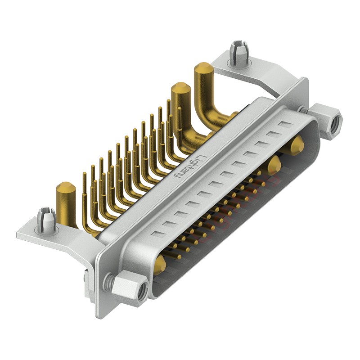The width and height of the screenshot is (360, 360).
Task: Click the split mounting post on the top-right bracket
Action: click(x=239, y=53)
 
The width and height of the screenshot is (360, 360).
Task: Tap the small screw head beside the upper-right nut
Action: click(x=302, y=109)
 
